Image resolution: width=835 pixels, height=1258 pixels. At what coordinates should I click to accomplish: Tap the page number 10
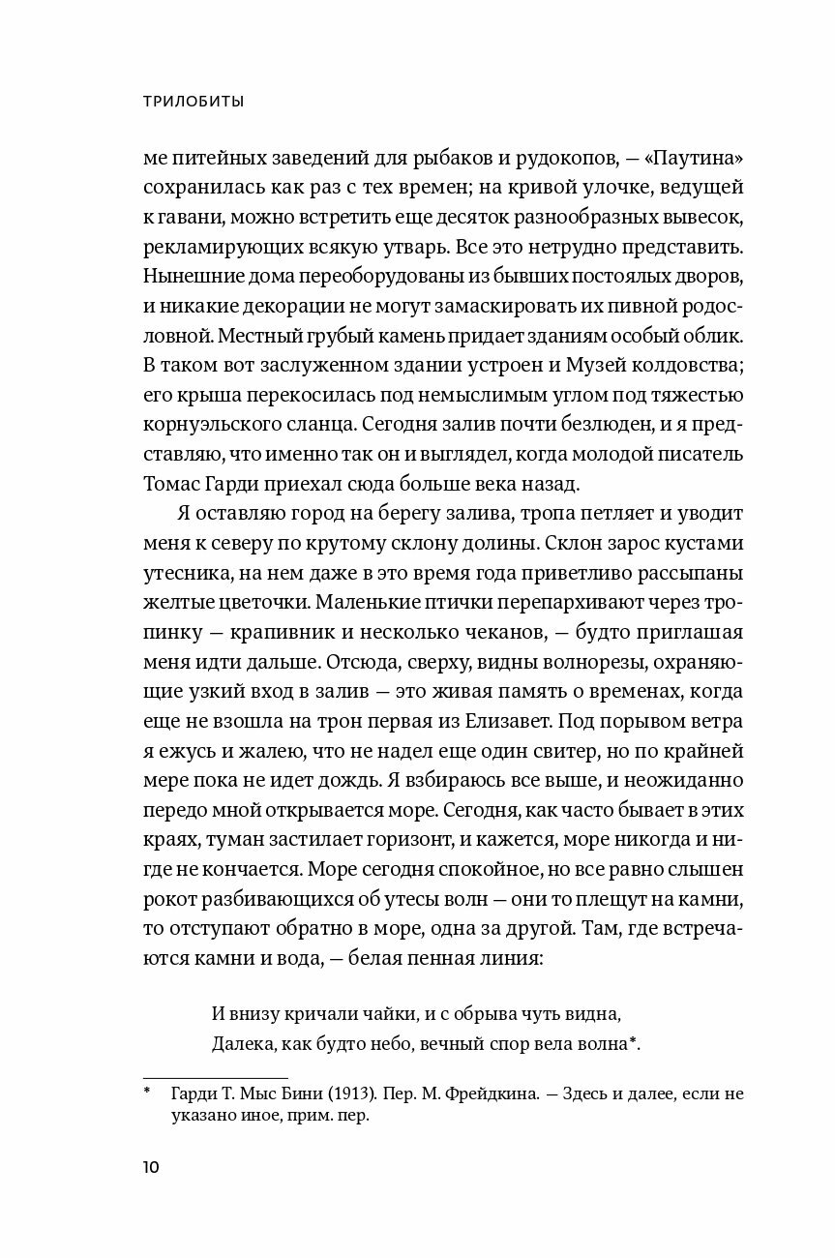(151, 1166)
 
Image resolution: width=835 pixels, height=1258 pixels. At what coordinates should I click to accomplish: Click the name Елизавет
(567, 722)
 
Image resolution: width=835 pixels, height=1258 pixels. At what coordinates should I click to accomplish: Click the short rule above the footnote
(215, 1077)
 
